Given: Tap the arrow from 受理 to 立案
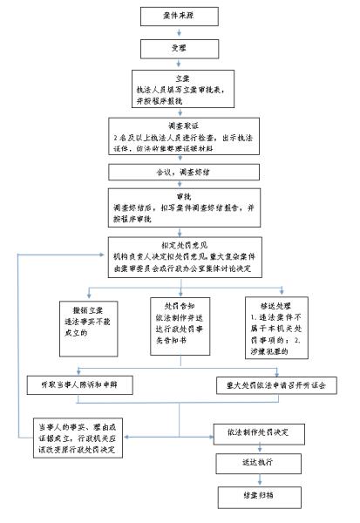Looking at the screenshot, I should pos(176,63).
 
